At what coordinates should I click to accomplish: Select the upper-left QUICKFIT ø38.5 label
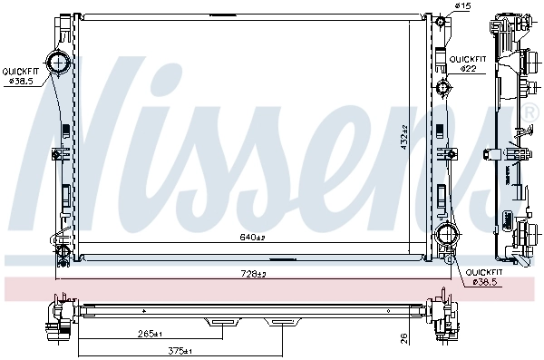(19, 75)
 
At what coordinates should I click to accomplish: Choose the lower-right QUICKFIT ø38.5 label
(483, 277)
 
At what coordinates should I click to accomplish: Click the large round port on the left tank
(59, 63)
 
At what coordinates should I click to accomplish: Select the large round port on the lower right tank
(446, 236)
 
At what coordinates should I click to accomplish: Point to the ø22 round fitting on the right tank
(443, 88)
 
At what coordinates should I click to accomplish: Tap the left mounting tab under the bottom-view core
(221, 320)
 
